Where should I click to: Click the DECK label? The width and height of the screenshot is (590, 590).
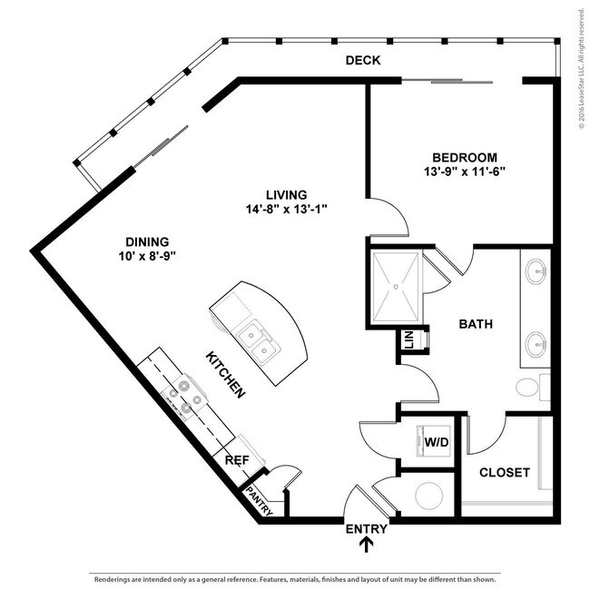click(x=362, y=61)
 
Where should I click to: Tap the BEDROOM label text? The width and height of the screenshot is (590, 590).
click(x=464, y=156)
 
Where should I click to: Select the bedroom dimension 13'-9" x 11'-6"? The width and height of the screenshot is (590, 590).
click(x=464, y=171)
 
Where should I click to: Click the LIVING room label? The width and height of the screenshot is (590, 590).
click(x=286, y=194)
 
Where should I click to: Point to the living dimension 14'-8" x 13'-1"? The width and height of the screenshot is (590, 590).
click(x=286, y=209)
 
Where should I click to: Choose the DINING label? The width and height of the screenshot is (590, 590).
click(x=147, y=241)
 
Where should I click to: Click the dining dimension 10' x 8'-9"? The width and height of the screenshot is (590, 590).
click(x=147, y=256)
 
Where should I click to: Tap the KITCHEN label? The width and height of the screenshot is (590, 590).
click(x=225, y=374)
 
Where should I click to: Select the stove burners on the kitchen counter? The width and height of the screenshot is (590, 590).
click(x=186, y=397)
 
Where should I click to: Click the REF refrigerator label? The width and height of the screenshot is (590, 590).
click(x=236, y=460)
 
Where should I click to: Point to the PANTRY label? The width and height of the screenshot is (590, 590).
click(x=260, y=502)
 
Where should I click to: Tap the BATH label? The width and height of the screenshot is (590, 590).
click(x=476, y=323)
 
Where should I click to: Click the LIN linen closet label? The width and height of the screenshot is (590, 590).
click(x=408, y=340)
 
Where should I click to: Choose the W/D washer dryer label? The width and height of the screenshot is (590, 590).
click(x=436, y=443)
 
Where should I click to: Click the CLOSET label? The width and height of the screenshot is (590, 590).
click(x=504, y=472)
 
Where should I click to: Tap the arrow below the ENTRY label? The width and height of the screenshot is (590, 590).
click(x=367, y=545)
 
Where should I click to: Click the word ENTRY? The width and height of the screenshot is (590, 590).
click(x=367, y=528)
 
